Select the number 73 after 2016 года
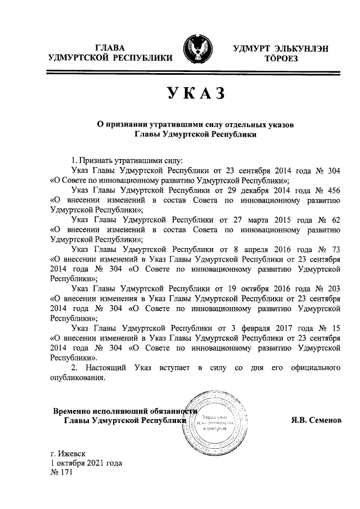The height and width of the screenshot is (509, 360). pos(335,249)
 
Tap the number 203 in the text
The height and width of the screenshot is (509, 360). pos(332,289)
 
